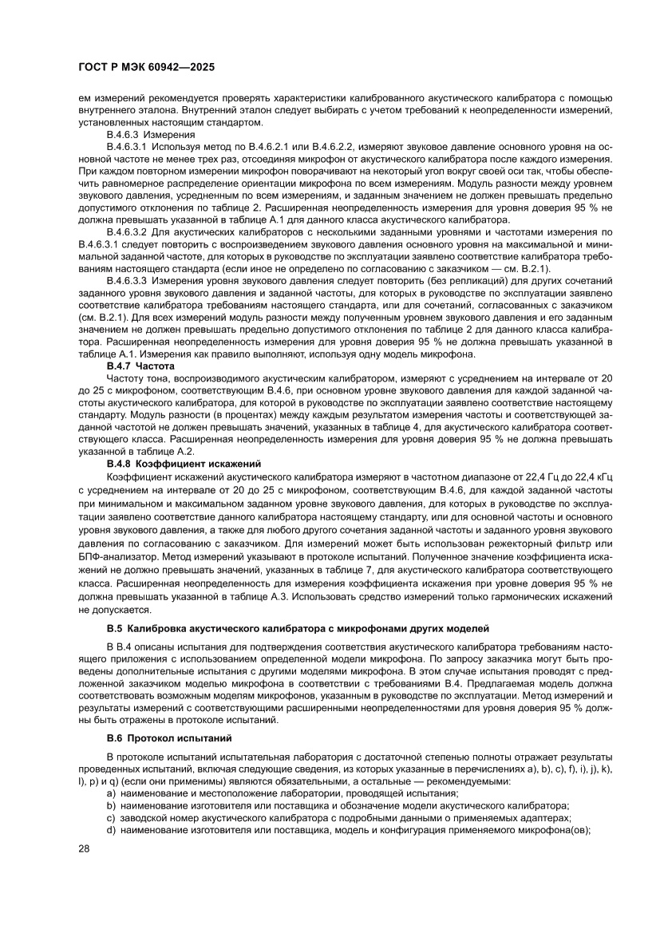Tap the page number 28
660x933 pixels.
coord(83,848)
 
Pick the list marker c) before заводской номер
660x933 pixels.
coord(111,817)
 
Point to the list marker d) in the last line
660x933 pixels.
coord(111,829)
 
